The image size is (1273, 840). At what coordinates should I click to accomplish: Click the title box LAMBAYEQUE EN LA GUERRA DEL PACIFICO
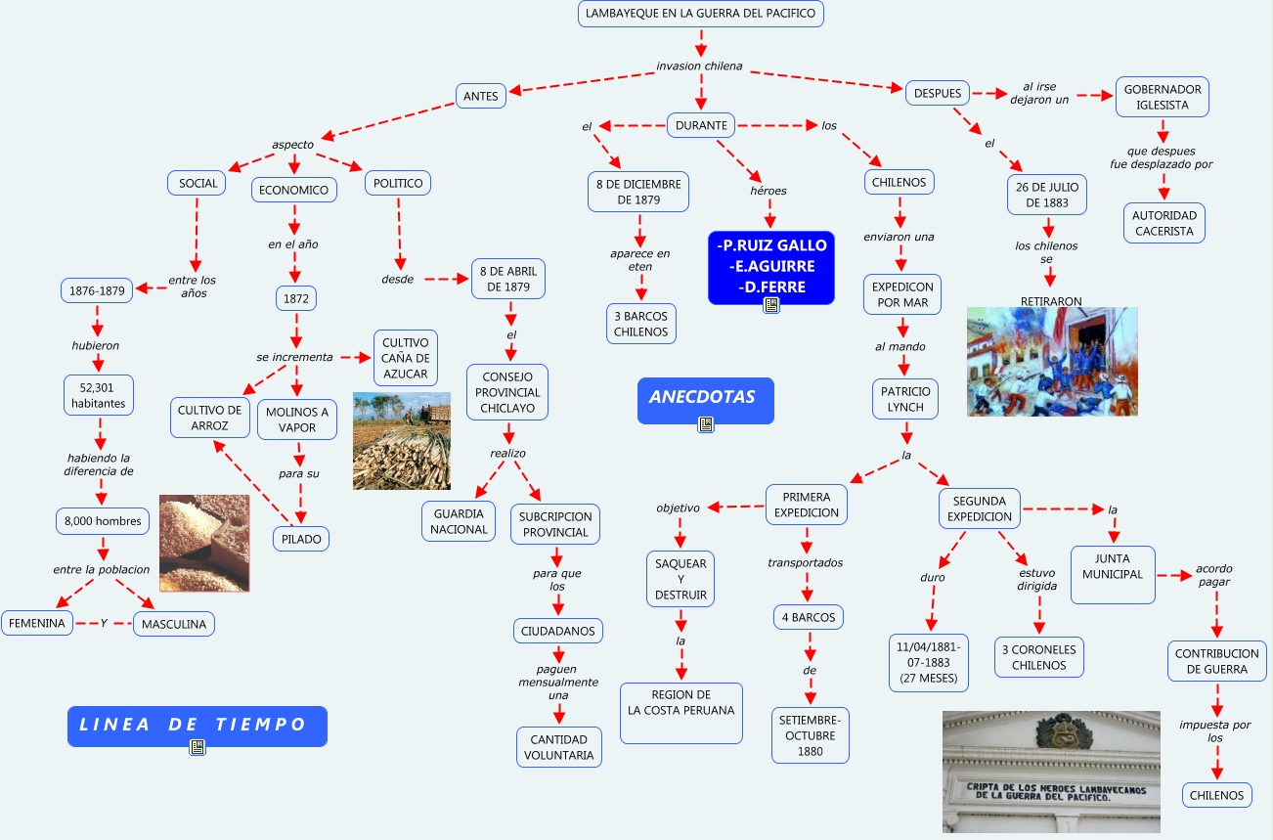[701, 14]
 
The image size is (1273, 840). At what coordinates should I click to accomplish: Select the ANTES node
[481, 96]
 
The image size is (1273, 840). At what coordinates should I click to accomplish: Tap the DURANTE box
[701, 125]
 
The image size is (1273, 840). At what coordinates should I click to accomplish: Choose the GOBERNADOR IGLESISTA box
[1163, 97]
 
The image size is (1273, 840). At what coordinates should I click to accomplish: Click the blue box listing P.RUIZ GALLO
[771, 265]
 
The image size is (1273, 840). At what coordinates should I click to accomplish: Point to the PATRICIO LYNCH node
[904, 399]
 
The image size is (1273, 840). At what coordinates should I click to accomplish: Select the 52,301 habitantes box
[98, 395]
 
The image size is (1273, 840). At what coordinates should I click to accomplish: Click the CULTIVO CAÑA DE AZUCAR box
[405, 357]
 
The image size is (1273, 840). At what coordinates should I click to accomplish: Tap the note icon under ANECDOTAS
[705, 423]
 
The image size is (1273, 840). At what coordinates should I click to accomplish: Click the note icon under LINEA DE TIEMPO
[198, 747]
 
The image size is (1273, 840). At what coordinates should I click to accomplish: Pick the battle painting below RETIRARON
[1051, 361]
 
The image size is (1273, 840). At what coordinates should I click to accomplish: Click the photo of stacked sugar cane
[401, 441]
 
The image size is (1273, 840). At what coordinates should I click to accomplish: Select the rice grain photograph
[203, 543]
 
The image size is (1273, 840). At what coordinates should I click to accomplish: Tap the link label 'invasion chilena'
[699, 66]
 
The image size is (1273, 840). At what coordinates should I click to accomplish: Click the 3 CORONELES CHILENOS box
[1038, 657]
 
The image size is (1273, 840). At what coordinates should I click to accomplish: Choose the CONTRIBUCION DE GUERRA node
[1217, 661]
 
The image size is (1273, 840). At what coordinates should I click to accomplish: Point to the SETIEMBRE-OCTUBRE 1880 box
[810, 735]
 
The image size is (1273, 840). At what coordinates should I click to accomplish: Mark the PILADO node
[301, 538]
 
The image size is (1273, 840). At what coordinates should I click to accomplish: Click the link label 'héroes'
[768, 191]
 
